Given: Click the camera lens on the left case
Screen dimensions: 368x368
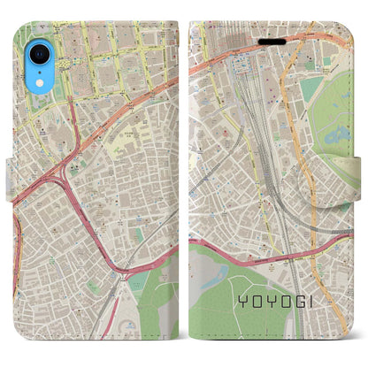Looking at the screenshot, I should click(x=37, y=53).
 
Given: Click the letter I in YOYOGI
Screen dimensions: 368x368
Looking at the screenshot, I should click(x=323, y=302).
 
